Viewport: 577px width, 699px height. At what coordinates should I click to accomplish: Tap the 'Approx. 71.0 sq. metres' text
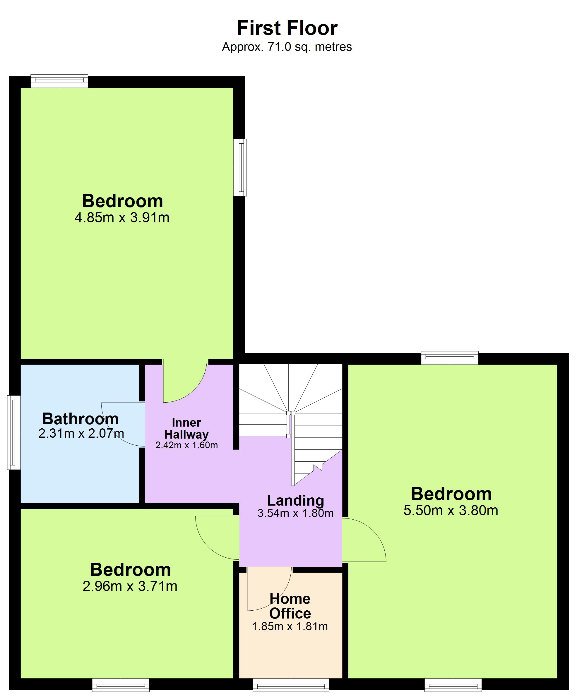pos(287,47)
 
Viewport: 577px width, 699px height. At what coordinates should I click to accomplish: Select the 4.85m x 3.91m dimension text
pos(122,218)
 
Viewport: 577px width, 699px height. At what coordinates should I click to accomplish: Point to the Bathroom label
pos(81,419)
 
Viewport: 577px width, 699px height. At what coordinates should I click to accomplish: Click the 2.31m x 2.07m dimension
pos(81,433)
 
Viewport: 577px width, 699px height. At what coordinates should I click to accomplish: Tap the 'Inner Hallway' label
pos(186,428)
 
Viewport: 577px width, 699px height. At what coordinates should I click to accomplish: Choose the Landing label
pos(295,500)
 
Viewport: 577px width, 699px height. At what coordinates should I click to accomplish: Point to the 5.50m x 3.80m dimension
pos(451,510)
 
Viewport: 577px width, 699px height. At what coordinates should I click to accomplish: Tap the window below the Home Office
pos(291,685)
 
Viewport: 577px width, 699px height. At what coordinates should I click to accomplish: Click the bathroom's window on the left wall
pos(14,432)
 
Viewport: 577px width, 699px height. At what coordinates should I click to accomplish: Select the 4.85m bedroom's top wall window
pos(59,81)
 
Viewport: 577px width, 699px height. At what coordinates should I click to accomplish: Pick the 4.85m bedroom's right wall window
pos(240,167)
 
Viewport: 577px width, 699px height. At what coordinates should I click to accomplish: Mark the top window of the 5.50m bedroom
pos(450,358)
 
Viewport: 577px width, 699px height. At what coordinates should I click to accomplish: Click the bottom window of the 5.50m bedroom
pos(453,685)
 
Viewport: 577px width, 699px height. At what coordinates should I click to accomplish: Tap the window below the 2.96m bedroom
pos(121,685)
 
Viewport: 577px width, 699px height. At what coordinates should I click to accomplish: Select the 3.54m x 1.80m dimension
pos(295,513)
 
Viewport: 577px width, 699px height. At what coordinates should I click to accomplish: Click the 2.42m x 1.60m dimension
pos(186,445)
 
